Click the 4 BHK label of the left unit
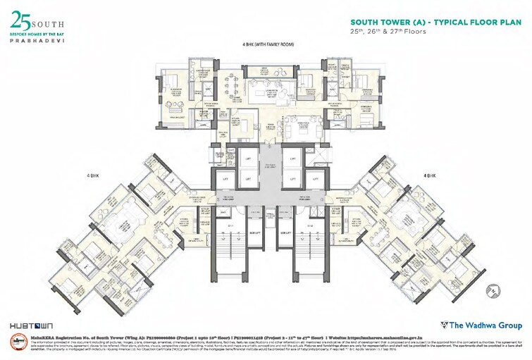(x=93, y=174)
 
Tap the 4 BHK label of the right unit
(x=430, y=174)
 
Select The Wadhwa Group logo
(x=481, y=325)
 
